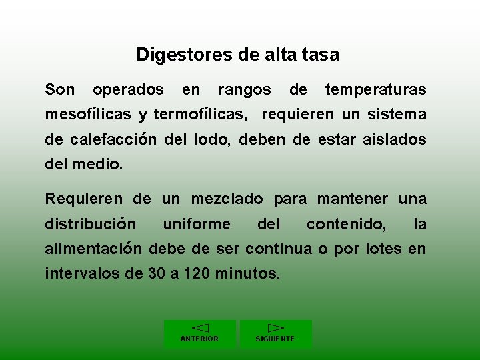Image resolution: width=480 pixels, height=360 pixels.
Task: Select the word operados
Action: coord(128,89)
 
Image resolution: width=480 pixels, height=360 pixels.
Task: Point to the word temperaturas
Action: coord(375,89)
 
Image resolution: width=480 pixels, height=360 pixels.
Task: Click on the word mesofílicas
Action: coord(88,115)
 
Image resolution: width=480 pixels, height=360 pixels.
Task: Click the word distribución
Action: coord(91,224)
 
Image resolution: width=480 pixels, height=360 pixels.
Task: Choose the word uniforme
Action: coord(196,224)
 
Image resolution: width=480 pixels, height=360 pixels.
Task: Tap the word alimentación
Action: coord(93,249)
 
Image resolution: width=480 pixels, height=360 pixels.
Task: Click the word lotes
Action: coord(383,249)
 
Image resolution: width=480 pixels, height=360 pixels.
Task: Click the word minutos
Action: coord(246,274)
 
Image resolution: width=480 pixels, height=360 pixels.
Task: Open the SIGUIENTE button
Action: coord(275,334)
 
